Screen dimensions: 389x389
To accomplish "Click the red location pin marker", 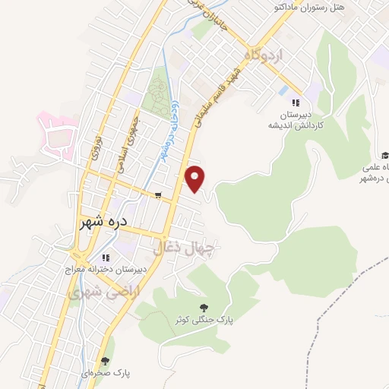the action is [196, 179].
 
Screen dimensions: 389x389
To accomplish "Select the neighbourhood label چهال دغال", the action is [185, 247].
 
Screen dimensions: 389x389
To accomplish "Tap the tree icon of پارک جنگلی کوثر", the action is [203, 307].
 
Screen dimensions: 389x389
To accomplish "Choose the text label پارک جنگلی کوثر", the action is [203, 321].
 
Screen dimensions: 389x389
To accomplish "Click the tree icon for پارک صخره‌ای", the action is [105, 361].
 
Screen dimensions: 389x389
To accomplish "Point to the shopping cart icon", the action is [157, 195].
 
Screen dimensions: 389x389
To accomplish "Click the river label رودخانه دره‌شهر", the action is [169, 130].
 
